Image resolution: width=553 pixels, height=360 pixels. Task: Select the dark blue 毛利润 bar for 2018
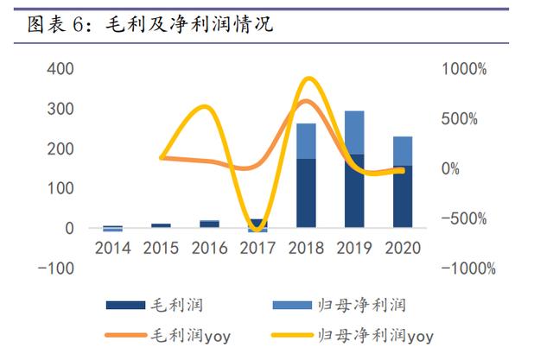[306, 193]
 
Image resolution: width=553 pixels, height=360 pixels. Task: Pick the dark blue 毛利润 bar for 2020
[403, 197]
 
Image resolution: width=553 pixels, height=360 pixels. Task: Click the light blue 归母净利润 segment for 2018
[306, 141]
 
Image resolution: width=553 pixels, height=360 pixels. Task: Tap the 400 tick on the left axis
[60, 69]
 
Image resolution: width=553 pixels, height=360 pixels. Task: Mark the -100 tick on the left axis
[57, 268]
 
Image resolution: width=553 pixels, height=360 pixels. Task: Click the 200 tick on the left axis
[60, 148]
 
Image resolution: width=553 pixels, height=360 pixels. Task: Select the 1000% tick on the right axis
[467, 69]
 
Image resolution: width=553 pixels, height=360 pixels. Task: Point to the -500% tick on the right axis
[467, 218]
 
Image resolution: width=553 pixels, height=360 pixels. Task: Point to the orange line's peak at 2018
[306, 102]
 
